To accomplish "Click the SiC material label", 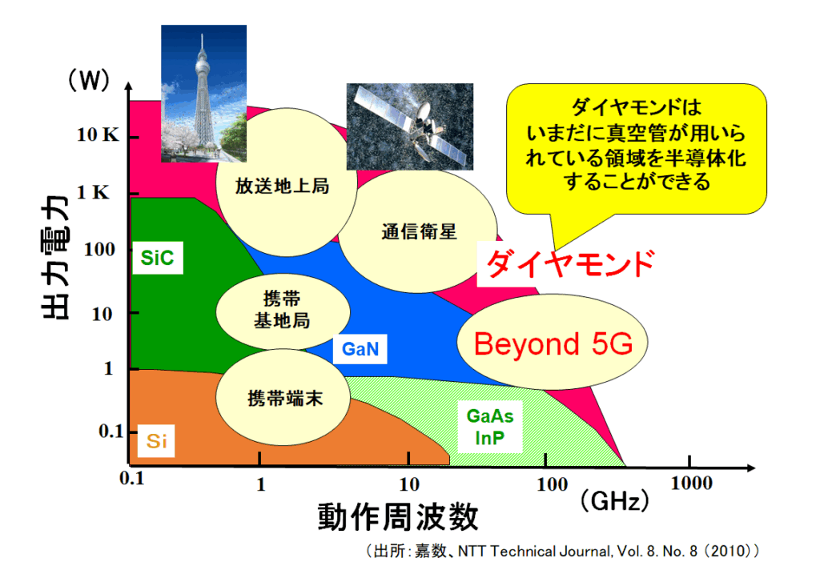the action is (x=158, y=257).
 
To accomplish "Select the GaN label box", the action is (x=360, y=349).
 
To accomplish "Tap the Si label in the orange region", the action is (x=156, y=441).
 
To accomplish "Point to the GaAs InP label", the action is (x=490, y=427).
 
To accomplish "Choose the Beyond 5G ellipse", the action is (x=553, y=342).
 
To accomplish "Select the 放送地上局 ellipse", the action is (x=286, y=182).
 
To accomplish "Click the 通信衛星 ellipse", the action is (x=417, y=231).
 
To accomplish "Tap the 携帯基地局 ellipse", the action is (x=283, y=311).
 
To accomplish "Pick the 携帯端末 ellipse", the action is (x=283, y=397).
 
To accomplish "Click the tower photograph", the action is (x=203, y=94).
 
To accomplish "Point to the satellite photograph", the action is (x=409, y=126).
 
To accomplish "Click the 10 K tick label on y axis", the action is (x=98, y=135).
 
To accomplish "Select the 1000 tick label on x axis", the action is (x=691, y=484).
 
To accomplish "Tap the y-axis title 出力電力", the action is (x=55, y=257).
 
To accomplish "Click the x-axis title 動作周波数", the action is (x=398, y=516).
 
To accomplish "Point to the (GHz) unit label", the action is (x=614, y=501).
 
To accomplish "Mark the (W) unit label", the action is (x=89, y=80).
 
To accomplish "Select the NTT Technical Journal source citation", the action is (x=562, y=551).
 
